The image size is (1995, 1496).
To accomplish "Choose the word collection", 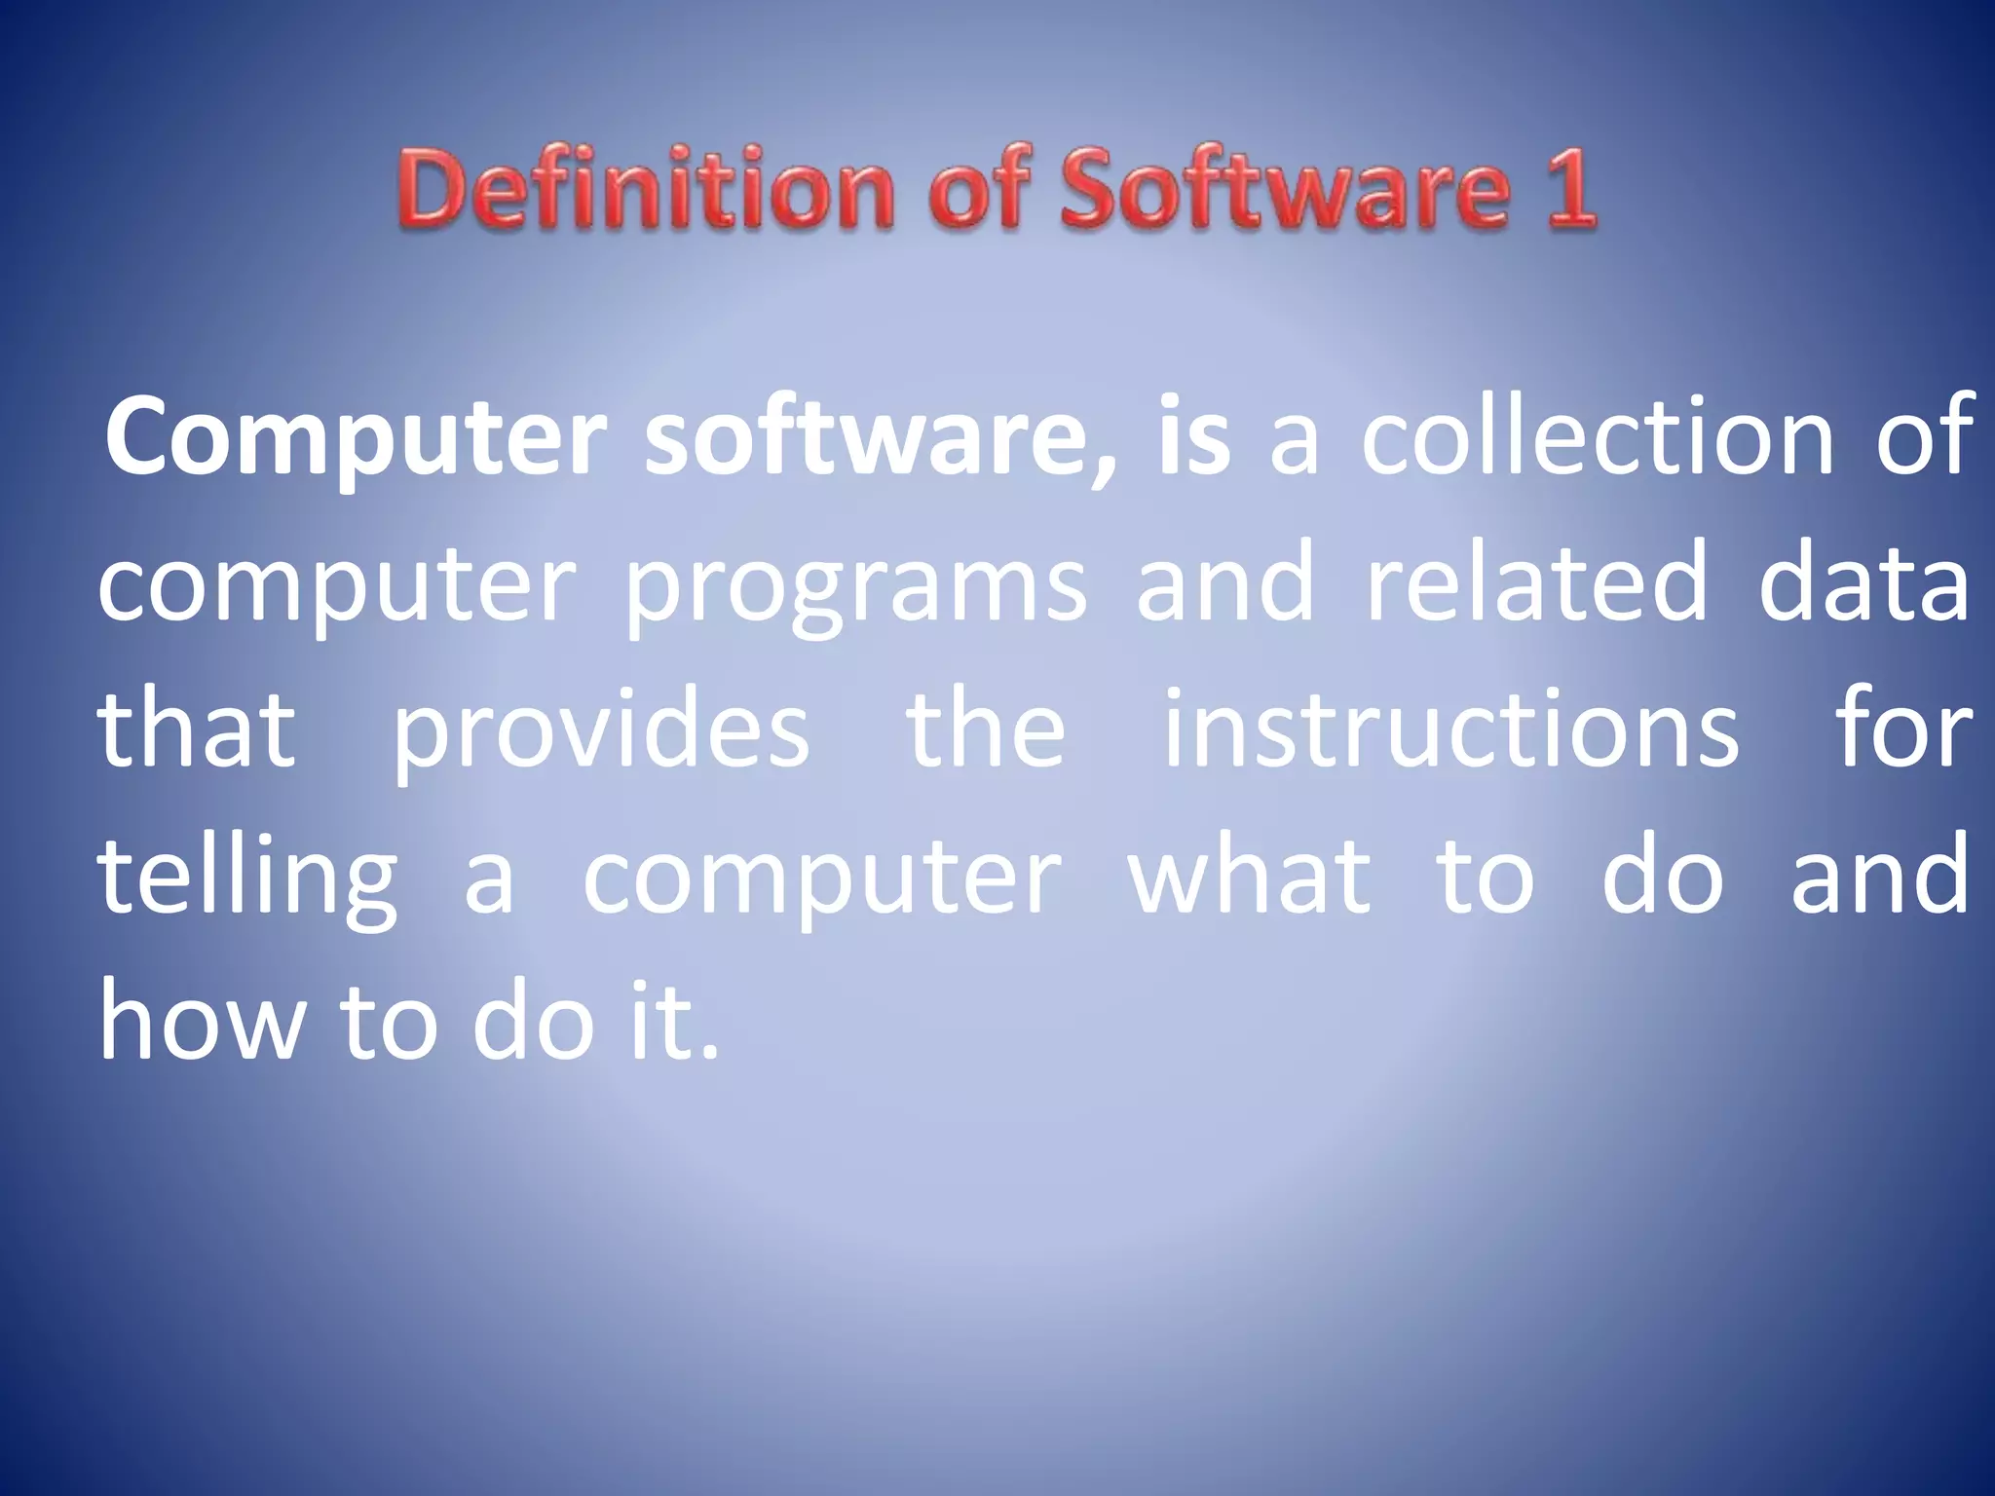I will pyautogui.click(x=1597, y=438).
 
